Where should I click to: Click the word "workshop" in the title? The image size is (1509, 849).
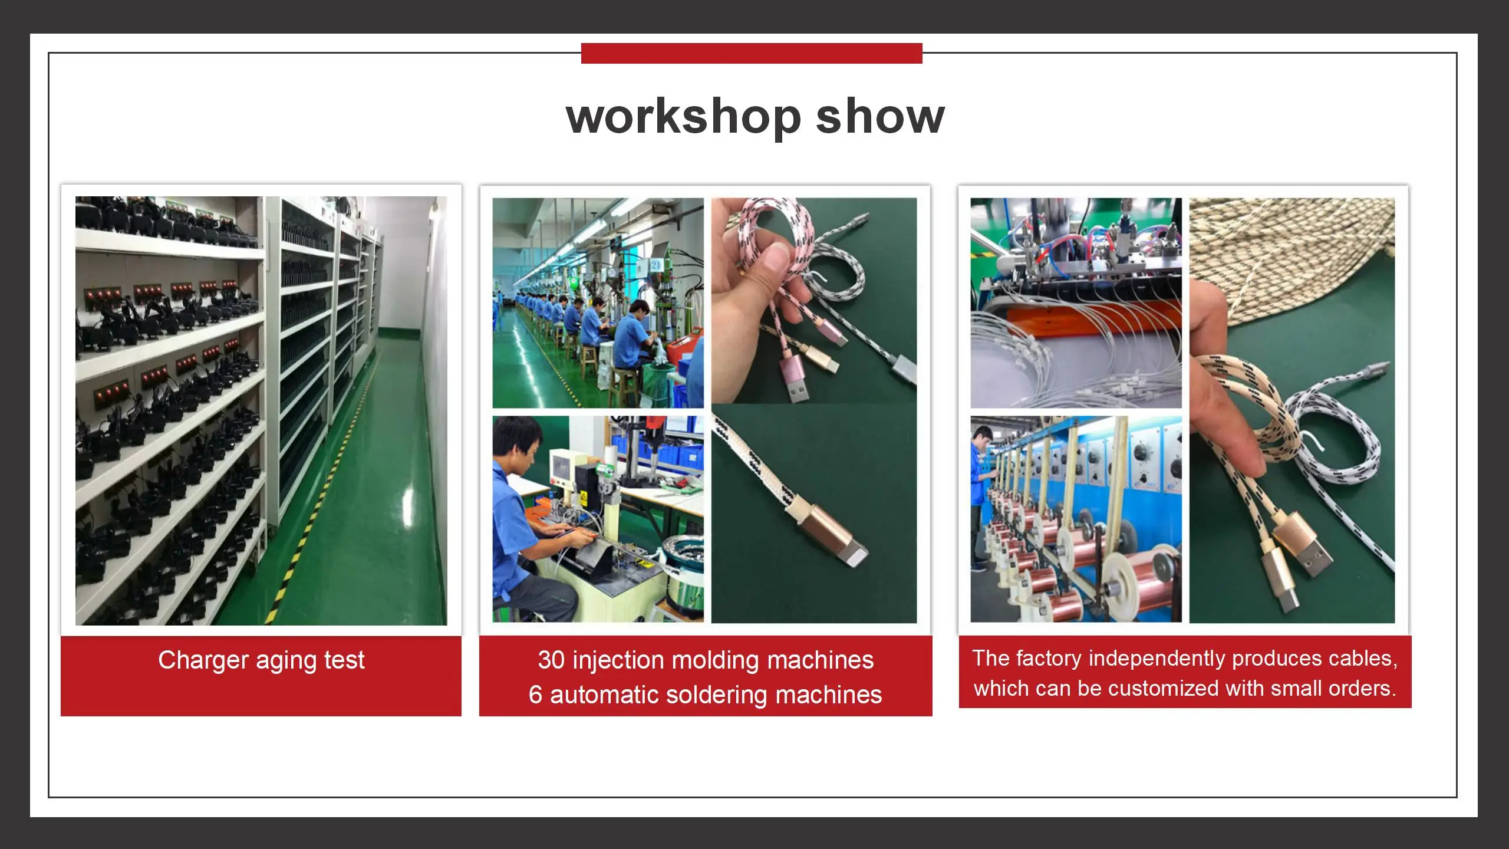(684, 117)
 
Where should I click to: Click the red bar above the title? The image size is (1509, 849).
(752, 53)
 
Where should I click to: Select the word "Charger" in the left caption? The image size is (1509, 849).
(203, 661)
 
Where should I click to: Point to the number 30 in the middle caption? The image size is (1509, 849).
(552, 660)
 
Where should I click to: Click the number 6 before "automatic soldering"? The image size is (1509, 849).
(535, 695)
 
